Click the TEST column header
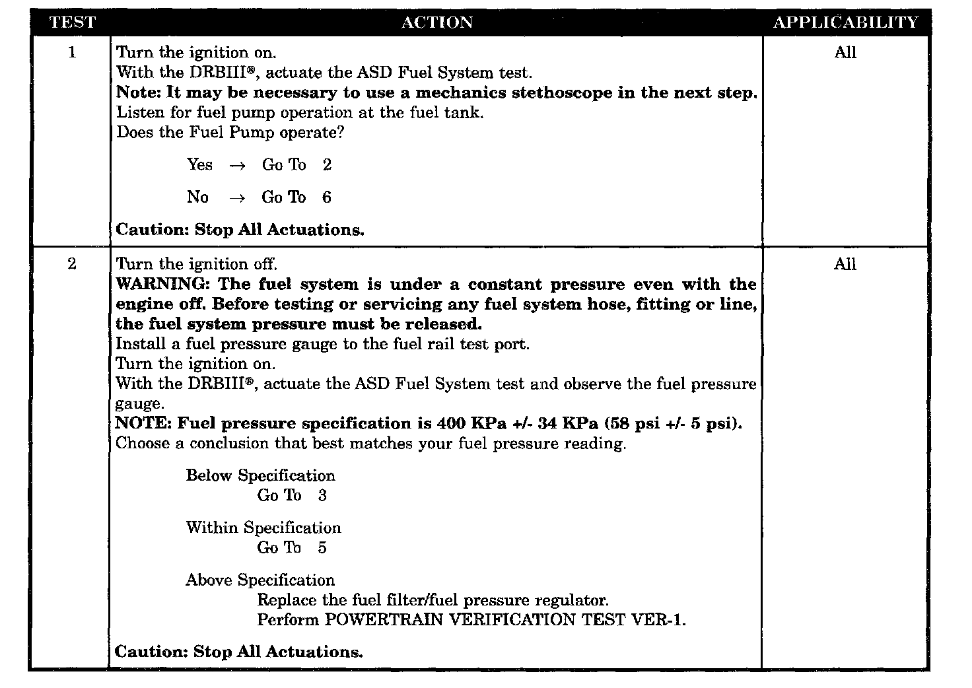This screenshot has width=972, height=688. click(73, 22)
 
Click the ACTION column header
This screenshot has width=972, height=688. click(436, 22)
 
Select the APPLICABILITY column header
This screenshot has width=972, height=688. click(845, 22)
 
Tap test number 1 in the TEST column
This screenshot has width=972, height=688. click(72, 52)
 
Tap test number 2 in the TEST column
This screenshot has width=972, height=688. click(72, 264)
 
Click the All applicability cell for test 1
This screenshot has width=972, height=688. click(845, 53)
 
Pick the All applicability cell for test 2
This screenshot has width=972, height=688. click(845, 265)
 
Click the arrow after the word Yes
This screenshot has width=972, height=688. click(237, 166)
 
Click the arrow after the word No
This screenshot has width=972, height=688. click(237, 198)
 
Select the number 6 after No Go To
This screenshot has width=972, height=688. click(327, 197)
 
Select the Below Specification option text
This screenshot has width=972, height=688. click(260, 476)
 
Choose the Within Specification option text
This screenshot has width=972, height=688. click(263, 528)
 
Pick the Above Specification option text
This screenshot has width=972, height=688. click(260, 580)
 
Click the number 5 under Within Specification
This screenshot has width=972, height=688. click(322, 548)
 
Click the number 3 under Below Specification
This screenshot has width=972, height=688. click(322, 496)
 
